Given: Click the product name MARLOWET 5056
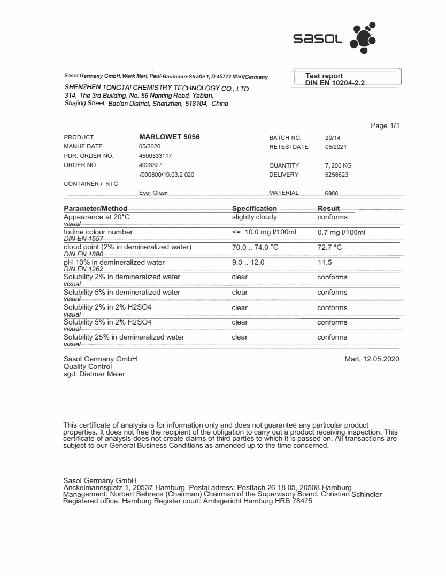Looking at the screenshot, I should click(x=169, y=137).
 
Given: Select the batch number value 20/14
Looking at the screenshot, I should click(x=333, y=137).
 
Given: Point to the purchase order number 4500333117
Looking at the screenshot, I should click(x=155, y=156).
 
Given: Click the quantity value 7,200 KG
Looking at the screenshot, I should click(x=339, y=165).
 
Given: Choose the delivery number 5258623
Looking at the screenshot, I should click(x=337, y=175).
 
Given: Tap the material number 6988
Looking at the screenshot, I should click(x=332, y=194).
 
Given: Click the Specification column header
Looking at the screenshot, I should click(x=255, y=208).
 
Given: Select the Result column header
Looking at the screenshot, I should click(x=328, y=208).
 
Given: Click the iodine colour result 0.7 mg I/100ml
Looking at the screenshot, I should click(x=341, y=232).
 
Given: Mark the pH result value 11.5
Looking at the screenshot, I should click(x=325, y=263).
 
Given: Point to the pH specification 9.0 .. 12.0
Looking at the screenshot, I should click(x=249, y=263).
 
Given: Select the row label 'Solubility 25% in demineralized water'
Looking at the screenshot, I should click(x=124, y=337).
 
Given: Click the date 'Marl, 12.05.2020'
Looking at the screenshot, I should click(x=372, y=359).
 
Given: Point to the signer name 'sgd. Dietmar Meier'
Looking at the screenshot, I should click(x=94, y=374).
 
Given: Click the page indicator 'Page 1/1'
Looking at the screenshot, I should click(x=385, y=126).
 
